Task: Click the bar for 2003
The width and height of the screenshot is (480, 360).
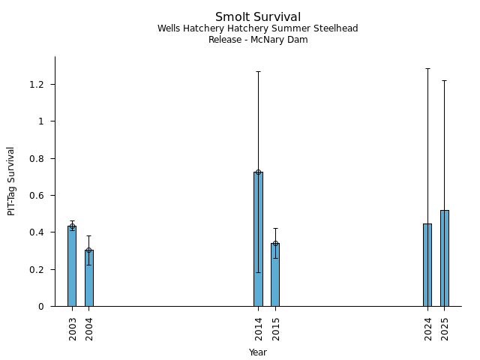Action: click(72, 266)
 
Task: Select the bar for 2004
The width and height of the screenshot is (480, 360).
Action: click(89, 278)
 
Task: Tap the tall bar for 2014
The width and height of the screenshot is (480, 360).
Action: click(258, 239)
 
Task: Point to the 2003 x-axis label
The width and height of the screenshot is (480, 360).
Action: click(73, 328)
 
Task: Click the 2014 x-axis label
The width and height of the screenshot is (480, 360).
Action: click(259, 328)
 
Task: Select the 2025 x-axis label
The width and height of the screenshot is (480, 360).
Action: click(445, 328)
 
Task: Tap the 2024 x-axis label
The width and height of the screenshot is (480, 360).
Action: click(428, 328)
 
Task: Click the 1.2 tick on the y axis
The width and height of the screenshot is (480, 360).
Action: click(37, 85)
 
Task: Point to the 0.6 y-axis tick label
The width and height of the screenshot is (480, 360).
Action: click(37, 196)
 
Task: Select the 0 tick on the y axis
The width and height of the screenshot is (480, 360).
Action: click(42, 307)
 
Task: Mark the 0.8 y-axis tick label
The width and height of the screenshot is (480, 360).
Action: click(37, 158)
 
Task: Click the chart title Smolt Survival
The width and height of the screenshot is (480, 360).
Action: click(258, 17)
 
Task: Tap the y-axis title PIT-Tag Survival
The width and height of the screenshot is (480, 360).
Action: click(12, 181)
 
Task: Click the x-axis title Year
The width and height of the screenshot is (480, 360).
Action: click(258, 352)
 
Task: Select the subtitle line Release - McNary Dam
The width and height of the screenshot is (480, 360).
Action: click(258, 40)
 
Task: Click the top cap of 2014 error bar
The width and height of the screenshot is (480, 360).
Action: click(258, 71)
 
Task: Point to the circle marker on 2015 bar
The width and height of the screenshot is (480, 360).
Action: click(275, 243)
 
